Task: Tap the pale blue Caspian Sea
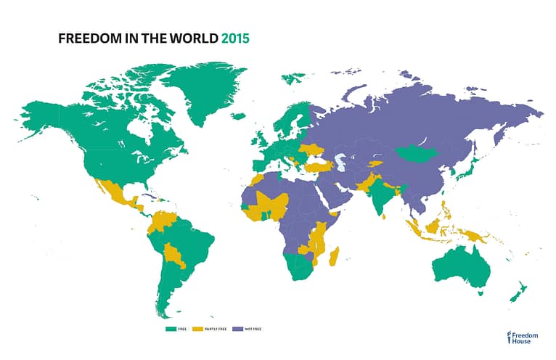click(339, 162)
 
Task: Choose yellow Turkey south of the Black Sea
click(317, 166)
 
